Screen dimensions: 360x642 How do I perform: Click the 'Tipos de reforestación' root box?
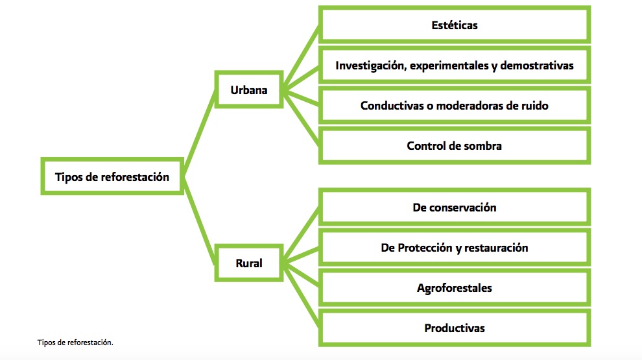(112, 176)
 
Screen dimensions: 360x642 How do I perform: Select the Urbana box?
(249, 90)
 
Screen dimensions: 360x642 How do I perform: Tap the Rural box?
(249, 264)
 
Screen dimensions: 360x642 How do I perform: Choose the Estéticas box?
(454, 26)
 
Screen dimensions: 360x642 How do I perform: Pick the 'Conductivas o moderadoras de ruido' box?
(454, 106)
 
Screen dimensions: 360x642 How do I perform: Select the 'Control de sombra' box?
(454, 146)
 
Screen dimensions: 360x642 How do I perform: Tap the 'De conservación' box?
(454, 208)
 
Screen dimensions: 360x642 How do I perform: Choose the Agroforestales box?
(454, 288)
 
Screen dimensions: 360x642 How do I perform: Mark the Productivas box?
(454, 328)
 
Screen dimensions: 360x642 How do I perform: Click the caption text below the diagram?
(75, 342)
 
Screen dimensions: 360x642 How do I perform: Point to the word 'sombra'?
(482, 146)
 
